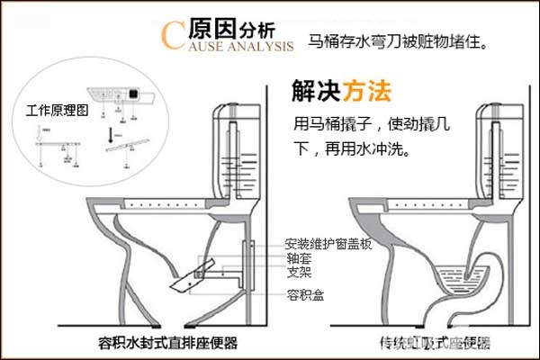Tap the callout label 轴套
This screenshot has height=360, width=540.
[x=298, y=256]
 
